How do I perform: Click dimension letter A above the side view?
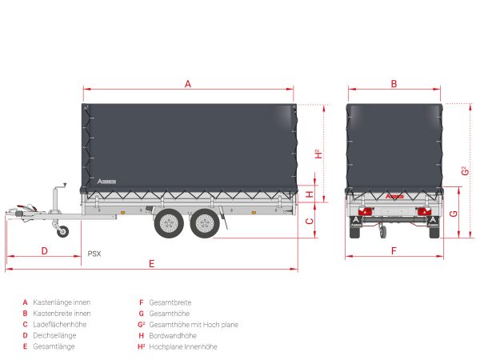tap(188, 83)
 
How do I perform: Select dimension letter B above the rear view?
tap(394, 83)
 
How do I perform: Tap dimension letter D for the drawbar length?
tap(44, 251)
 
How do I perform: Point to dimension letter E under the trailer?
tap(151, 263)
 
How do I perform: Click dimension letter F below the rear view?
tap(394, 251)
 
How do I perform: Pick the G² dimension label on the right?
tap(465, 170)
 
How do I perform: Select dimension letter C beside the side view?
tap(310, 221)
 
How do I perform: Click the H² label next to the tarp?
tap(318, 154)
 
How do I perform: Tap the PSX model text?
tap(94, 254)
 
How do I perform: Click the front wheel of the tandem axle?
tap(169, 223)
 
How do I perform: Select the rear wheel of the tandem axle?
tap(205, 223)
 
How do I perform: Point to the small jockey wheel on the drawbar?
tap(63, 231)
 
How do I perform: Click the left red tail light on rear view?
tap(364, 211)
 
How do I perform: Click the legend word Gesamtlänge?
tap(54, 346)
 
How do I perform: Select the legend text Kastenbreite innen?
tap(62, 314)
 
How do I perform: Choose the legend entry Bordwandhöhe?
tap(173, 335)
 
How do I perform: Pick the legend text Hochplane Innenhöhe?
tap(183, 346)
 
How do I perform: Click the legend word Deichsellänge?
tap(54, 335)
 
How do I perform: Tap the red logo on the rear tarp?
tap(394, 196)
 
